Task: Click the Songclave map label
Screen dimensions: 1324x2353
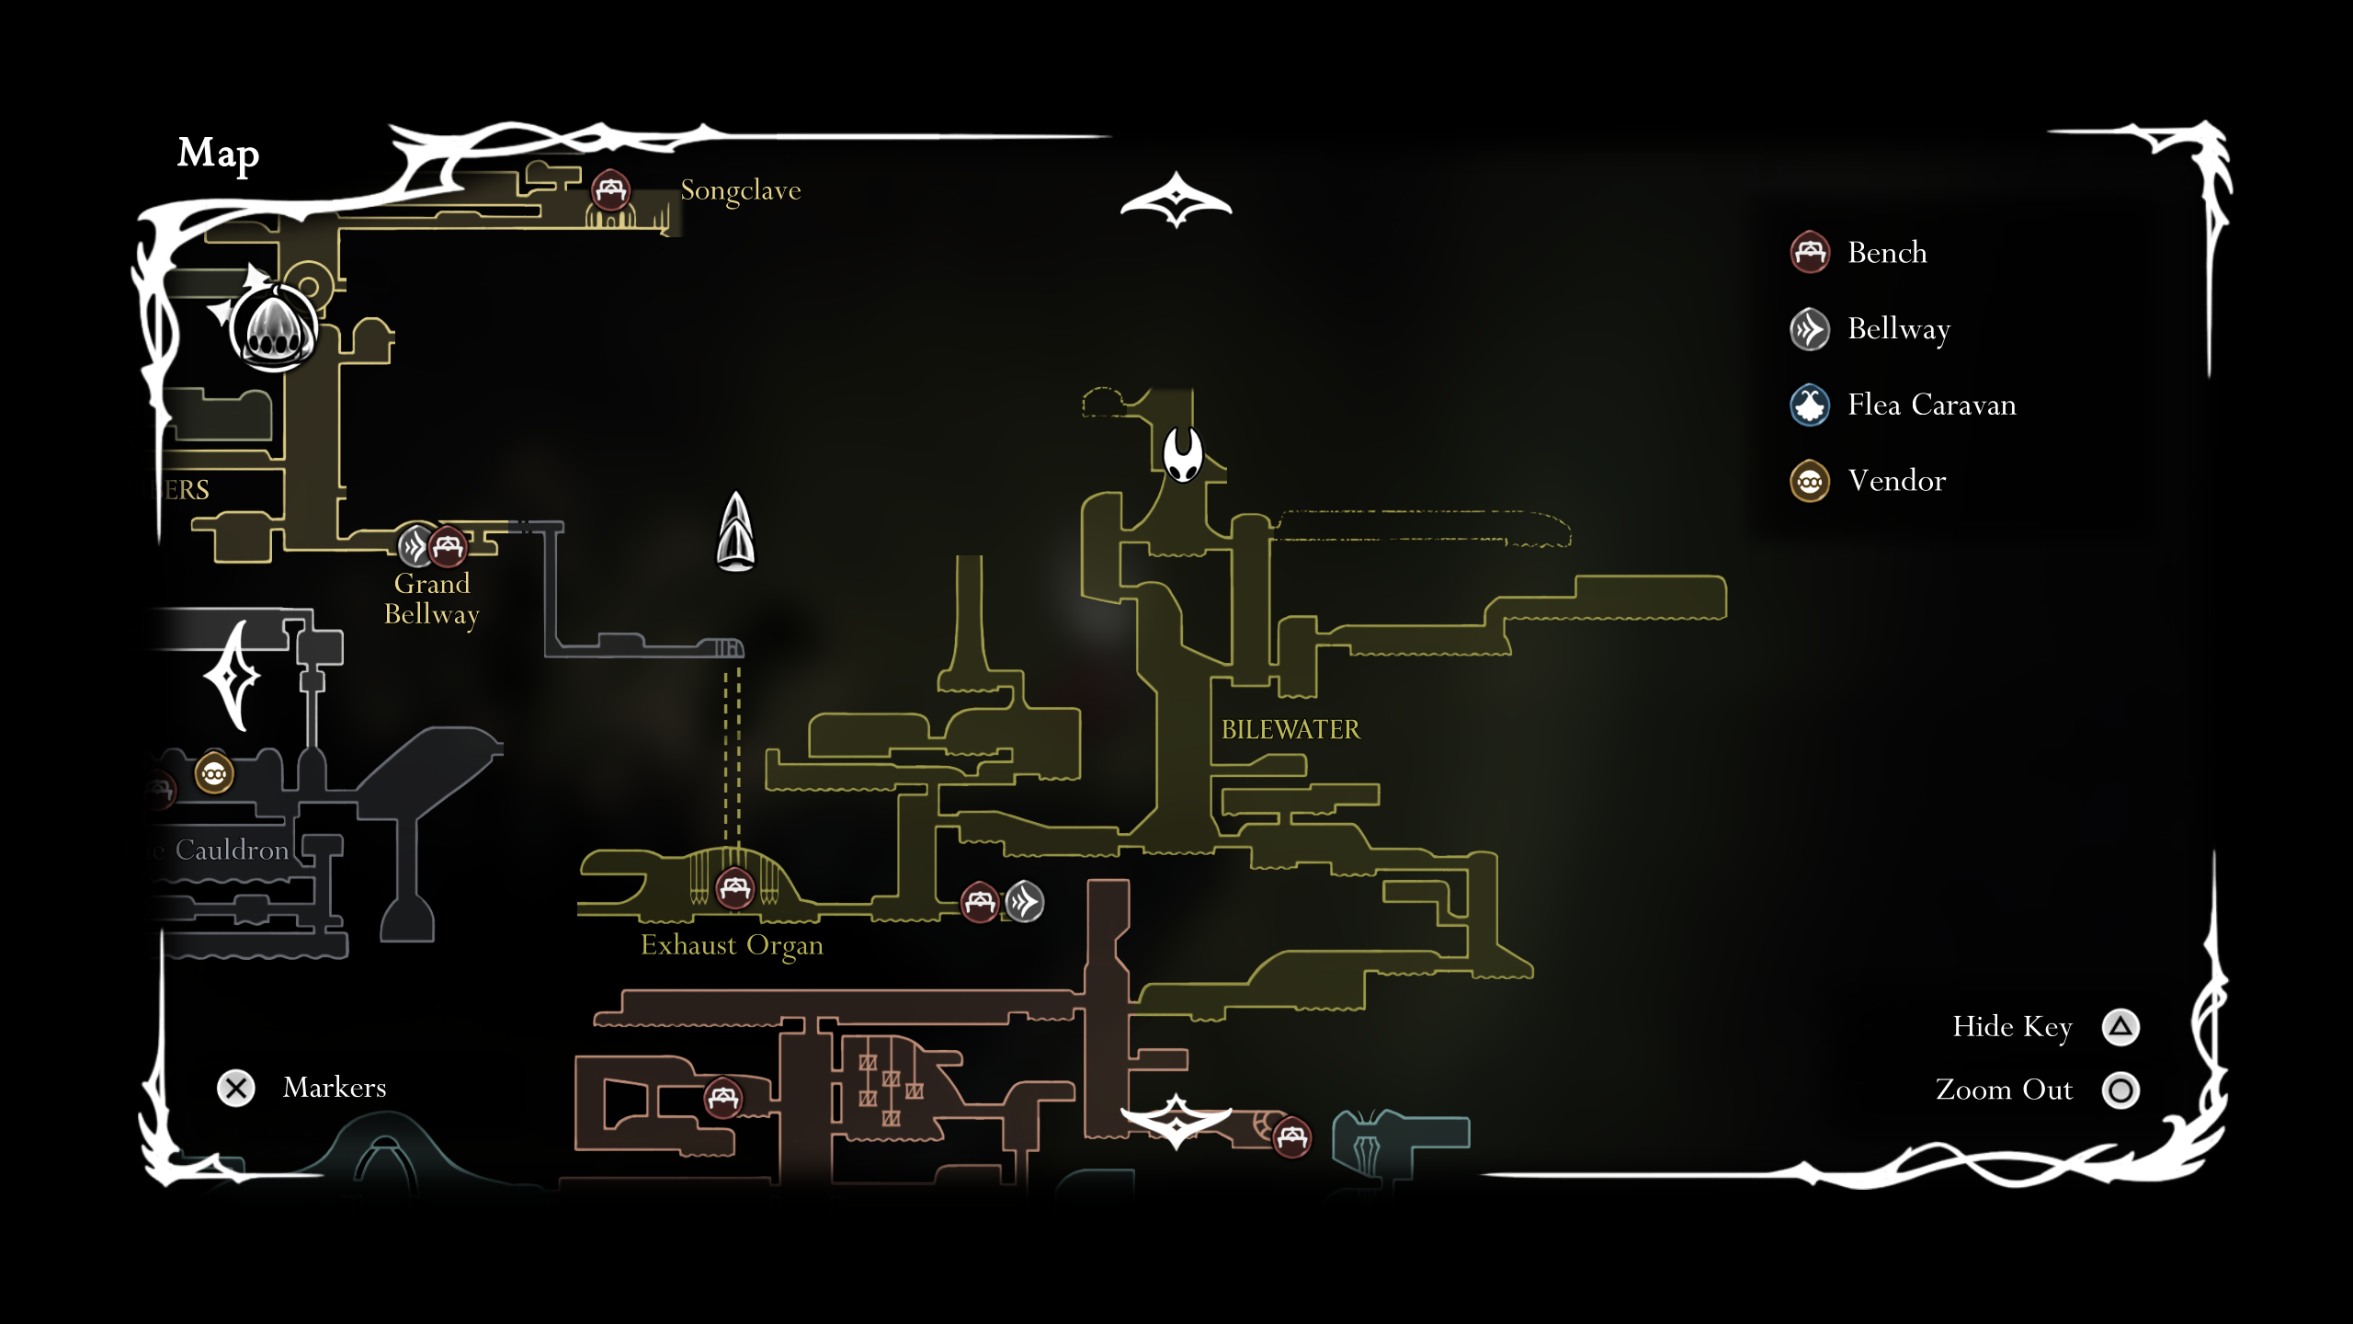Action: point(740,190)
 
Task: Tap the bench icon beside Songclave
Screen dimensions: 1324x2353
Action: point(610,190)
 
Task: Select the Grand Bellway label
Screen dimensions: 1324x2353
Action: point(432,599)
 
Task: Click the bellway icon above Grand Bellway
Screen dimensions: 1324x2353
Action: point(415,546)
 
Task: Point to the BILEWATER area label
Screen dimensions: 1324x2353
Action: point(1290,730)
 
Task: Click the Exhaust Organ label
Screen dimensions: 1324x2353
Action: point(732,945)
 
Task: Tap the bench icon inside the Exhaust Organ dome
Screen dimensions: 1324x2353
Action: point(734,888)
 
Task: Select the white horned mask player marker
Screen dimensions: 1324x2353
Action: point(1182,453)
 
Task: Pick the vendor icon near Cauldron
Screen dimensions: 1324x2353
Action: point(214,774)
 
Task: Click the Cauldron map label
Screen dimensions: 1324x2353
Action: point(232,850)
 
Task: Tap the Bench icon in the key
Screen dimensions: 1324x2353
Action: point(1810,253)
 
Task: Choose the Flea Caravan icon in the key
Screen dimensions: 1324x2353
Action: point(1810,405)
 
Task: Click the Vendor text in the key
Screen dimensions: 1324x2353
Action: point(1896,481)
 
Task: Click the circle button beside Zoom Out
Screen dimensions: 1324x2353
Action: point(2120,1090)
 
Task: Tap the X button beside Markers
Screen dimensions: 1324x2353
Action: point(236,1089)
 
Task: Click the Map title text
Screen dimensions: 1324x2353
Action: point(218,154)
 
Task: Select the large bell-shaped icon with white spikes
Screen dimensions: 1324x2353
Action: point(273,328)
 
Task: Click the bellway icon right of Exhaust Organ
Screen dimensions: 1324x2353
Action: point(1024,902)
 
